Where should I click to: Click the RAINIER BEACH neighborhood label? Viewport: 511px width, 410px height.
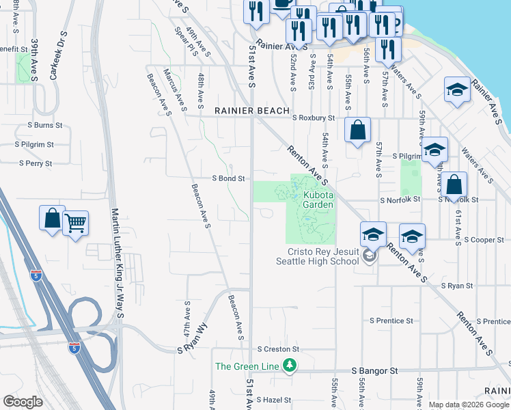click(252, 111)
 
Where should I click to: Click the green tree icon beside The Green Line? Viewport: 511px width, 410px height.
click(290, 366)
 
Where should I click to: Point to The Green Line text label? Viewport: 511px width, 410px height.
click(247, 366)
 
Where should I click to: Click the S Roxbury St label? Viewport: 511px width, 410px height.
click(313, 118)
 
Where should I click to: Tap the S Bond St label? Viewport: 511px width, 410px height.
click(228, 178)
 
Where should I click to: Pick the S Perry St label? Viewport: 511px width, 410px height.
click(36, 163)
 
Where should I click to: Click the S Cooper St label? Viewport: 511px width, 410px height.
click(484, 240)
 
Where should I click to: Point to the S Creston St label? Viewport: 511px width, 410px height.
click(278, 349)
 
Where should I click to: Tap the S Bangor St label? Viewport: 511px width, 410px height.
click(374, 370)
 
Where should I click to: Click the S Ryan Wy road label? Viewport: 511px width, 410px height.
click(192, 340)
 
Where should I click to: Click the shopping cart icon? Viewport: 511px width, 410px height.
click(76, 222)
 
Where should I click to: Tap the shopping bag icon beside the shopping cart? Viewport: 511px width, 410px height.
click(53, 218)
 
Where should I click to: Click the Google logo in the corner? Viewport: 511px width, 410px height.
click(23, 402)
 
